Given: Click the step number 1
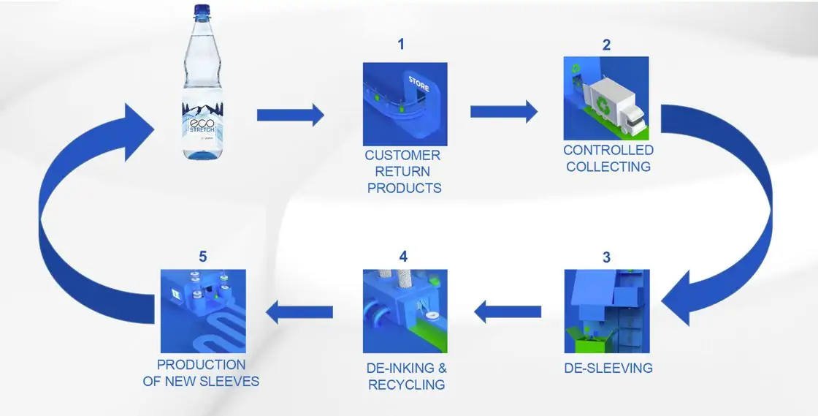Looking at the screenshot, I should click(x=400, y=45).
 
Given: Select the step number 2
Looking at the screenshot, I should click(x=606, y=45).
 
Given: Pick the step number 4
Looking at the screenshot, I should click(x=403, y=257).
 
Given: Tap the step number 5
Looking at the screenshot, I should click(x=203, y=257).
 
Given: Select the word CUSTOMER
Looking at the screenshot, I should click(x=402, y=155).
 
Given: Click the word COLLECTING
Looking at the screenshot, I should click(x=608, y=167).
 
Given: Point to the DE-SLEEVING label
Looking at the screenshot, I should click(x=608, y=368).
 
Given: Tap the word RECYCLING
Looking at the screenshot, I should click(x=406, y=385).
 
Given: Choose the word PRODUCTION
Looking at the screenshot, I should click(x=201, y=364).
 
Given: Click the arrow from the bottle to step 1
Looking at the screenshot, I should click(x=290, y=114).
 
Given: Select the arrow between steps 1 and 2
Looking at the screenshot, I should click(x=503, y=111).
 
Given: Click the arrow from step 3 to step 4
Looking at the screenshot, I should click(x=508, y=312).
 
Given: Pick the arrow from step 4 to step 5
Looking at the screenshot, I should click(x=299, y=313).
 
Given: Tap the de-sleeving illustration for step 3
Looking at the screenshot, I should click(x=606, y=311).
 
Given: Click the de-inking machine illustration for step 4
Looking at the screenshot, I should click(x=405, y=311).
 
